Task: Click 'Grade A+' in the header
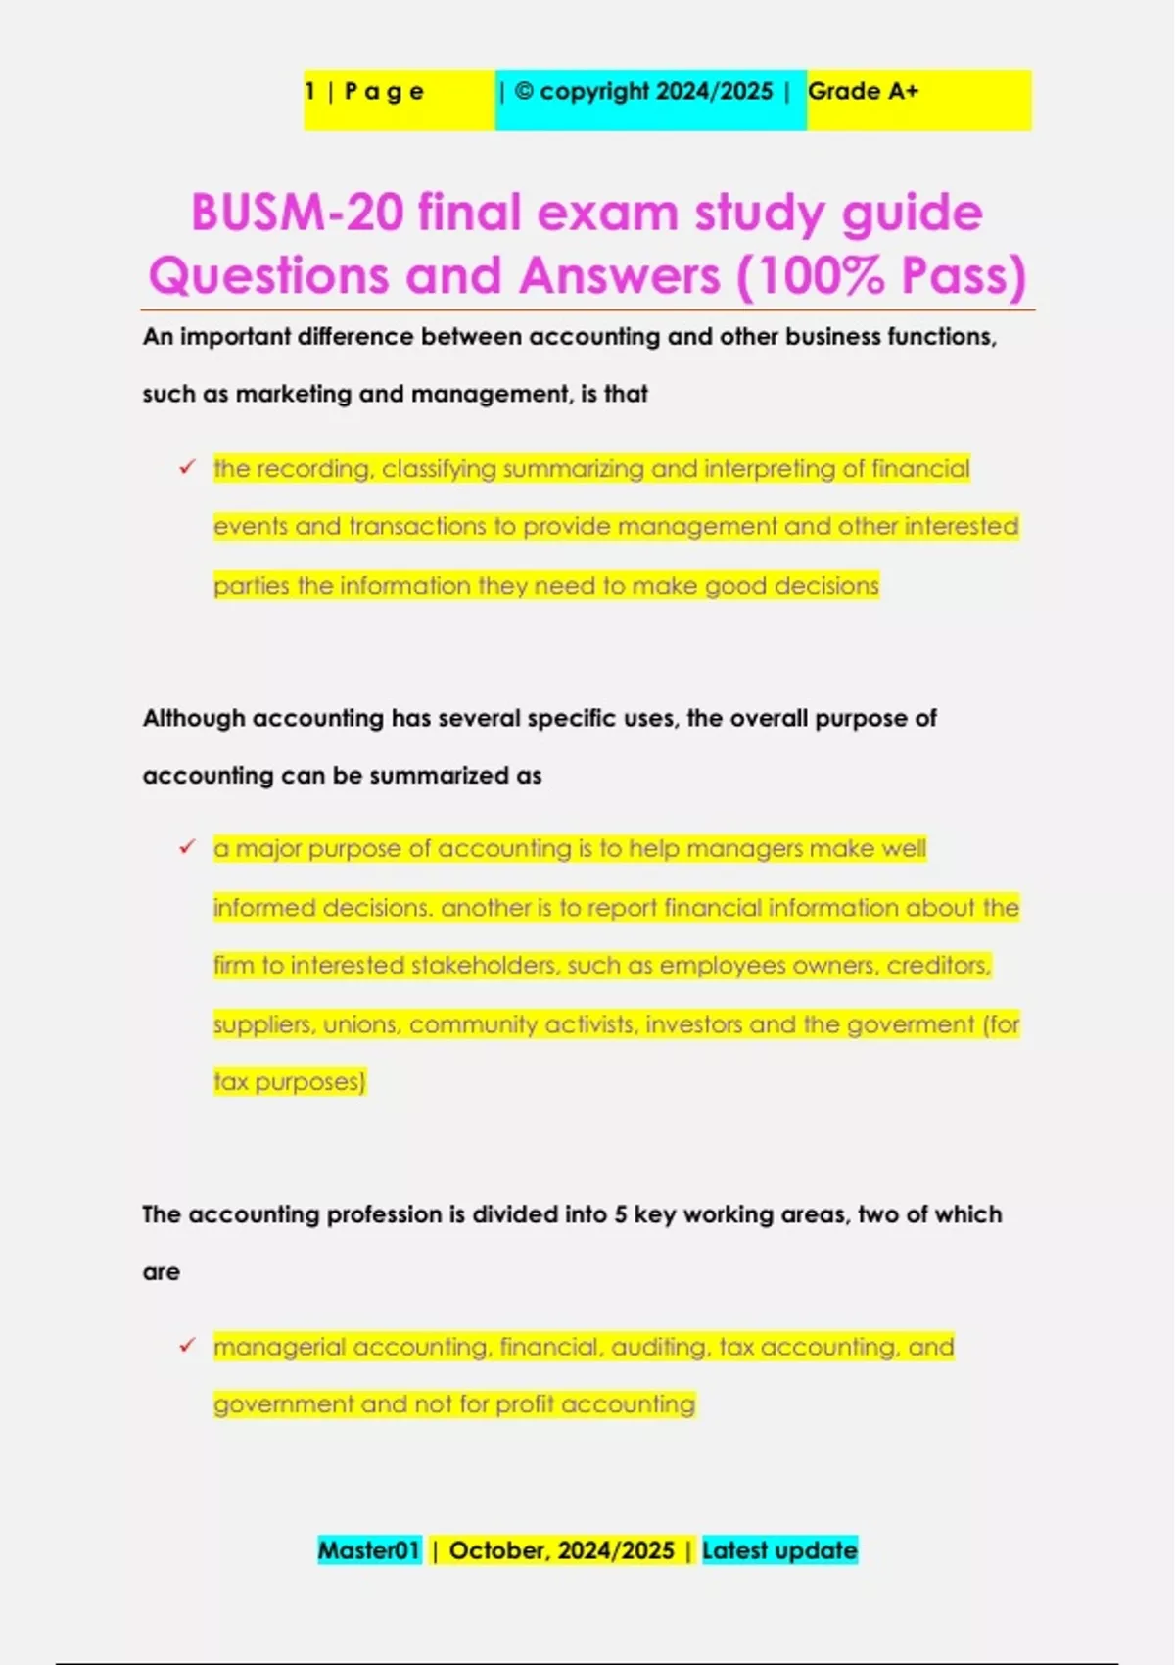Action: pos(863,92)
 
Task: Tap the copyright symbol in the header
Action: pos(524,92)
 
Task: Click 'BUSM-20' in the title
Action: pos(296,213)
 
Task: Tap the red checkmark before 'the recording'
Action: pos(187,468)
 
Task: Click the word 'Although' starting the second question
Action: pos(194,718)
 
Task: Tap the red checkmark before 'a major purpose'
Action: pos(187,847)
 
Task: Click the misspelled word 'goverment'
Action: pos(911,1024)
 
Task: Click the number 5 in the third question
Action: pos(621,1214)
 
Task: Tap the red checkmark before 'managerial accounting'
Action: pos(187,1346)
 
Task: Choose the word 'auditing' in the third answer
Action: pos(660,1347)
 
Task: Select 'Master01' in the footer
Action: pos(368,1550)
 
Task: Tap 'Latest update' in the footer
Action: pos(779,1550)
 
